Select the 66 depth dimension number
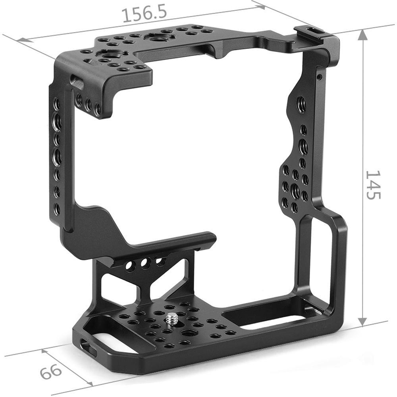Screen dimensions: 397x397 point(51,372)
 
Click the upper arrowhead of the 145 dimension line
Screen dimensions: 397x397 point(362,34)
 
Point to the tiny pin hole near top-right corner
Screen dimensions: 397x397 point(319,76)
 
